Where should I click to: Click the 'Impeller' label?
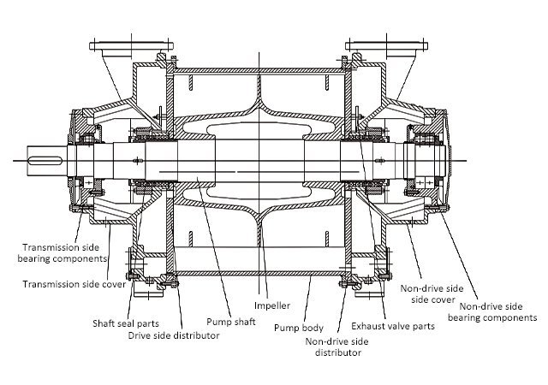[x=272, y=305]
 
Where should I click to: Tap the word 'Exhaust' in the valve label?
[x=370, y=326]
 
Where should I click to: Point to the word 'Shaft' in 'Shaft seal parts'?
[x=105, y=323]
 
